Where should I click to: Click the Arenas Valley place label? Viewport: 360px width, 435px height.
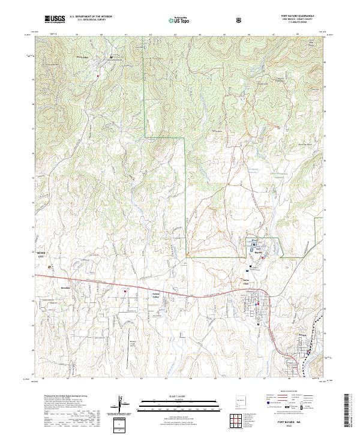(x=155, y=295)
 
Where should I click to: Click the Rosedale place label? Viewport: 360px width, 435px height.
(x=66, y=288)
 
